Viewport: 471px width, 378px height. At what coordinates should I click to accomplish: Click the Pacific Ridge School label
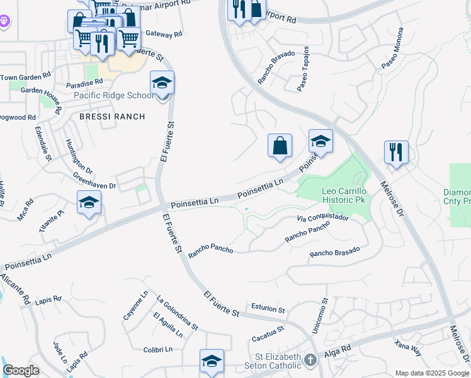click(113, 96)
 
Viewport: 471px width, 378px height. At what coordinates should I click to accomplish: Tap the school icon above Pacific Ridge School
click(162, 83)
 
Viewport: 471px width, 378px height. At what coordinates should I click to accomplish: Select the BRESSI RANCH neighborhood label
click(112, 117)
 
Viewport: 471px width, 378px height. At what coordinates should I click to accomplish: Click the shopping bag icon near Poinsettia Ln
click(280, 146)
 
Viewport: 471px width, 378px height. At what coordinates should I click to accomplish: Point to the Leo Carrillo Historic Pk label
click(344, 195)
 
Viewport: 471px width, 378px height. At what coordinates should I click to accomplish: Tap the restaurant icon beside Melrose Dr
click(396, 152)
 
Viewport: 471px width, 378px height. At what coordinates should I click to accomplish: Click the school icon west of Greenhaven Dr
click(89, 203)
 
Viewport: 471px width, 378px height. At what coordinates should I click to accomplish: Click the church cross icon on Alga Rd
click(309, 360)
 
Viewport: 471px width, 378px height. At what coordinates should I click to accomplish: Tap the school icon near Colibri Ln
click(212, 361)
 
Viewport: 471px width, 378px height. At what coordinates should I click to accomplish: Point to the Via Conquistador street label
click(322, 218)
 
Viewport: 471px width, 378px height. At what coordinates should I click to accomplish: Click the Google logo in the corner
click(21, 370)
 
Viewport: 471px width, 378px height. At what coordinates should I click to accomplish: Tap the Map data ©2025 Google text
click(431, 373)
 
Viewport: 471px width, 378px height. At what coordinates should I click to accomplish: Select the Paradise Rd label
click(84, 83)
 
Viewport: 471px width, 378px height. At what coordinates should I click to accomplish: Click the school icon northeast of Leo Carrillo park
click(321, 142)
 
